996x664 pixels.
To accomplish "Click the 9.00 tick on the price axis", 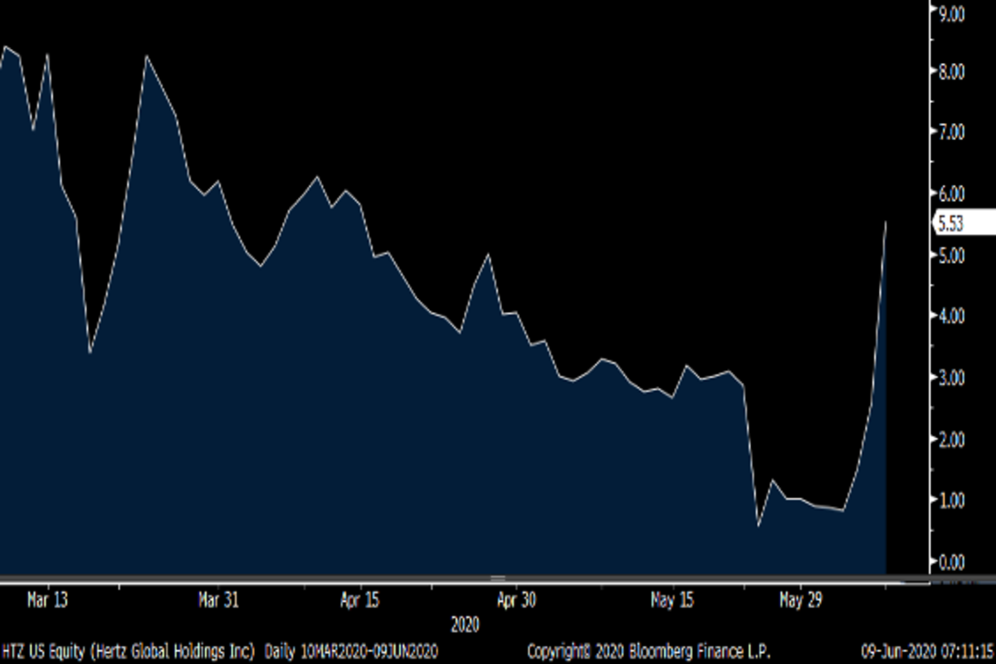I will (x=951, y=14).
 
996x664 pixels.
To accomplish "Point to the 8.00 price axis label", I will (x=951, y=72).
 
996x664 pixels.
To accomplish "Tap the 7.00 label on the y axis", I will (x=951, y=132).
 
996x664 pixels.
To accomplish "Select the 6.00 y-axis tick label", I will (x=951, y=193).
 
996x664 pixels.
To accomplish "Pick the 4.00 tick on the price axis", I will (x=951, y=316).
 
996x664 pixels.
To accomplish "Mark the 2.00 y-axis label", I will (x=951, y=439).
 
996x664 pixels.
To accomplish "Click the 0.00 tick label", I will (x=951, y=562).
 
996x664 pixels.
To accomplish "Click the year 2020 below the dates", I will (x=465, y=622).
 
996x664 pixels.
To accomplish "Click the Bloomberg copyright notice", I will (x=649, y=648).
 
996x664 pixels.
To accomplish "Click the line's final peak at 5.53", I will (x=886, y=222).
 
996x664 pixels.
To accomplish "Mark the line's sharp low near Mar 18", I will (x=90, y=353).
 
